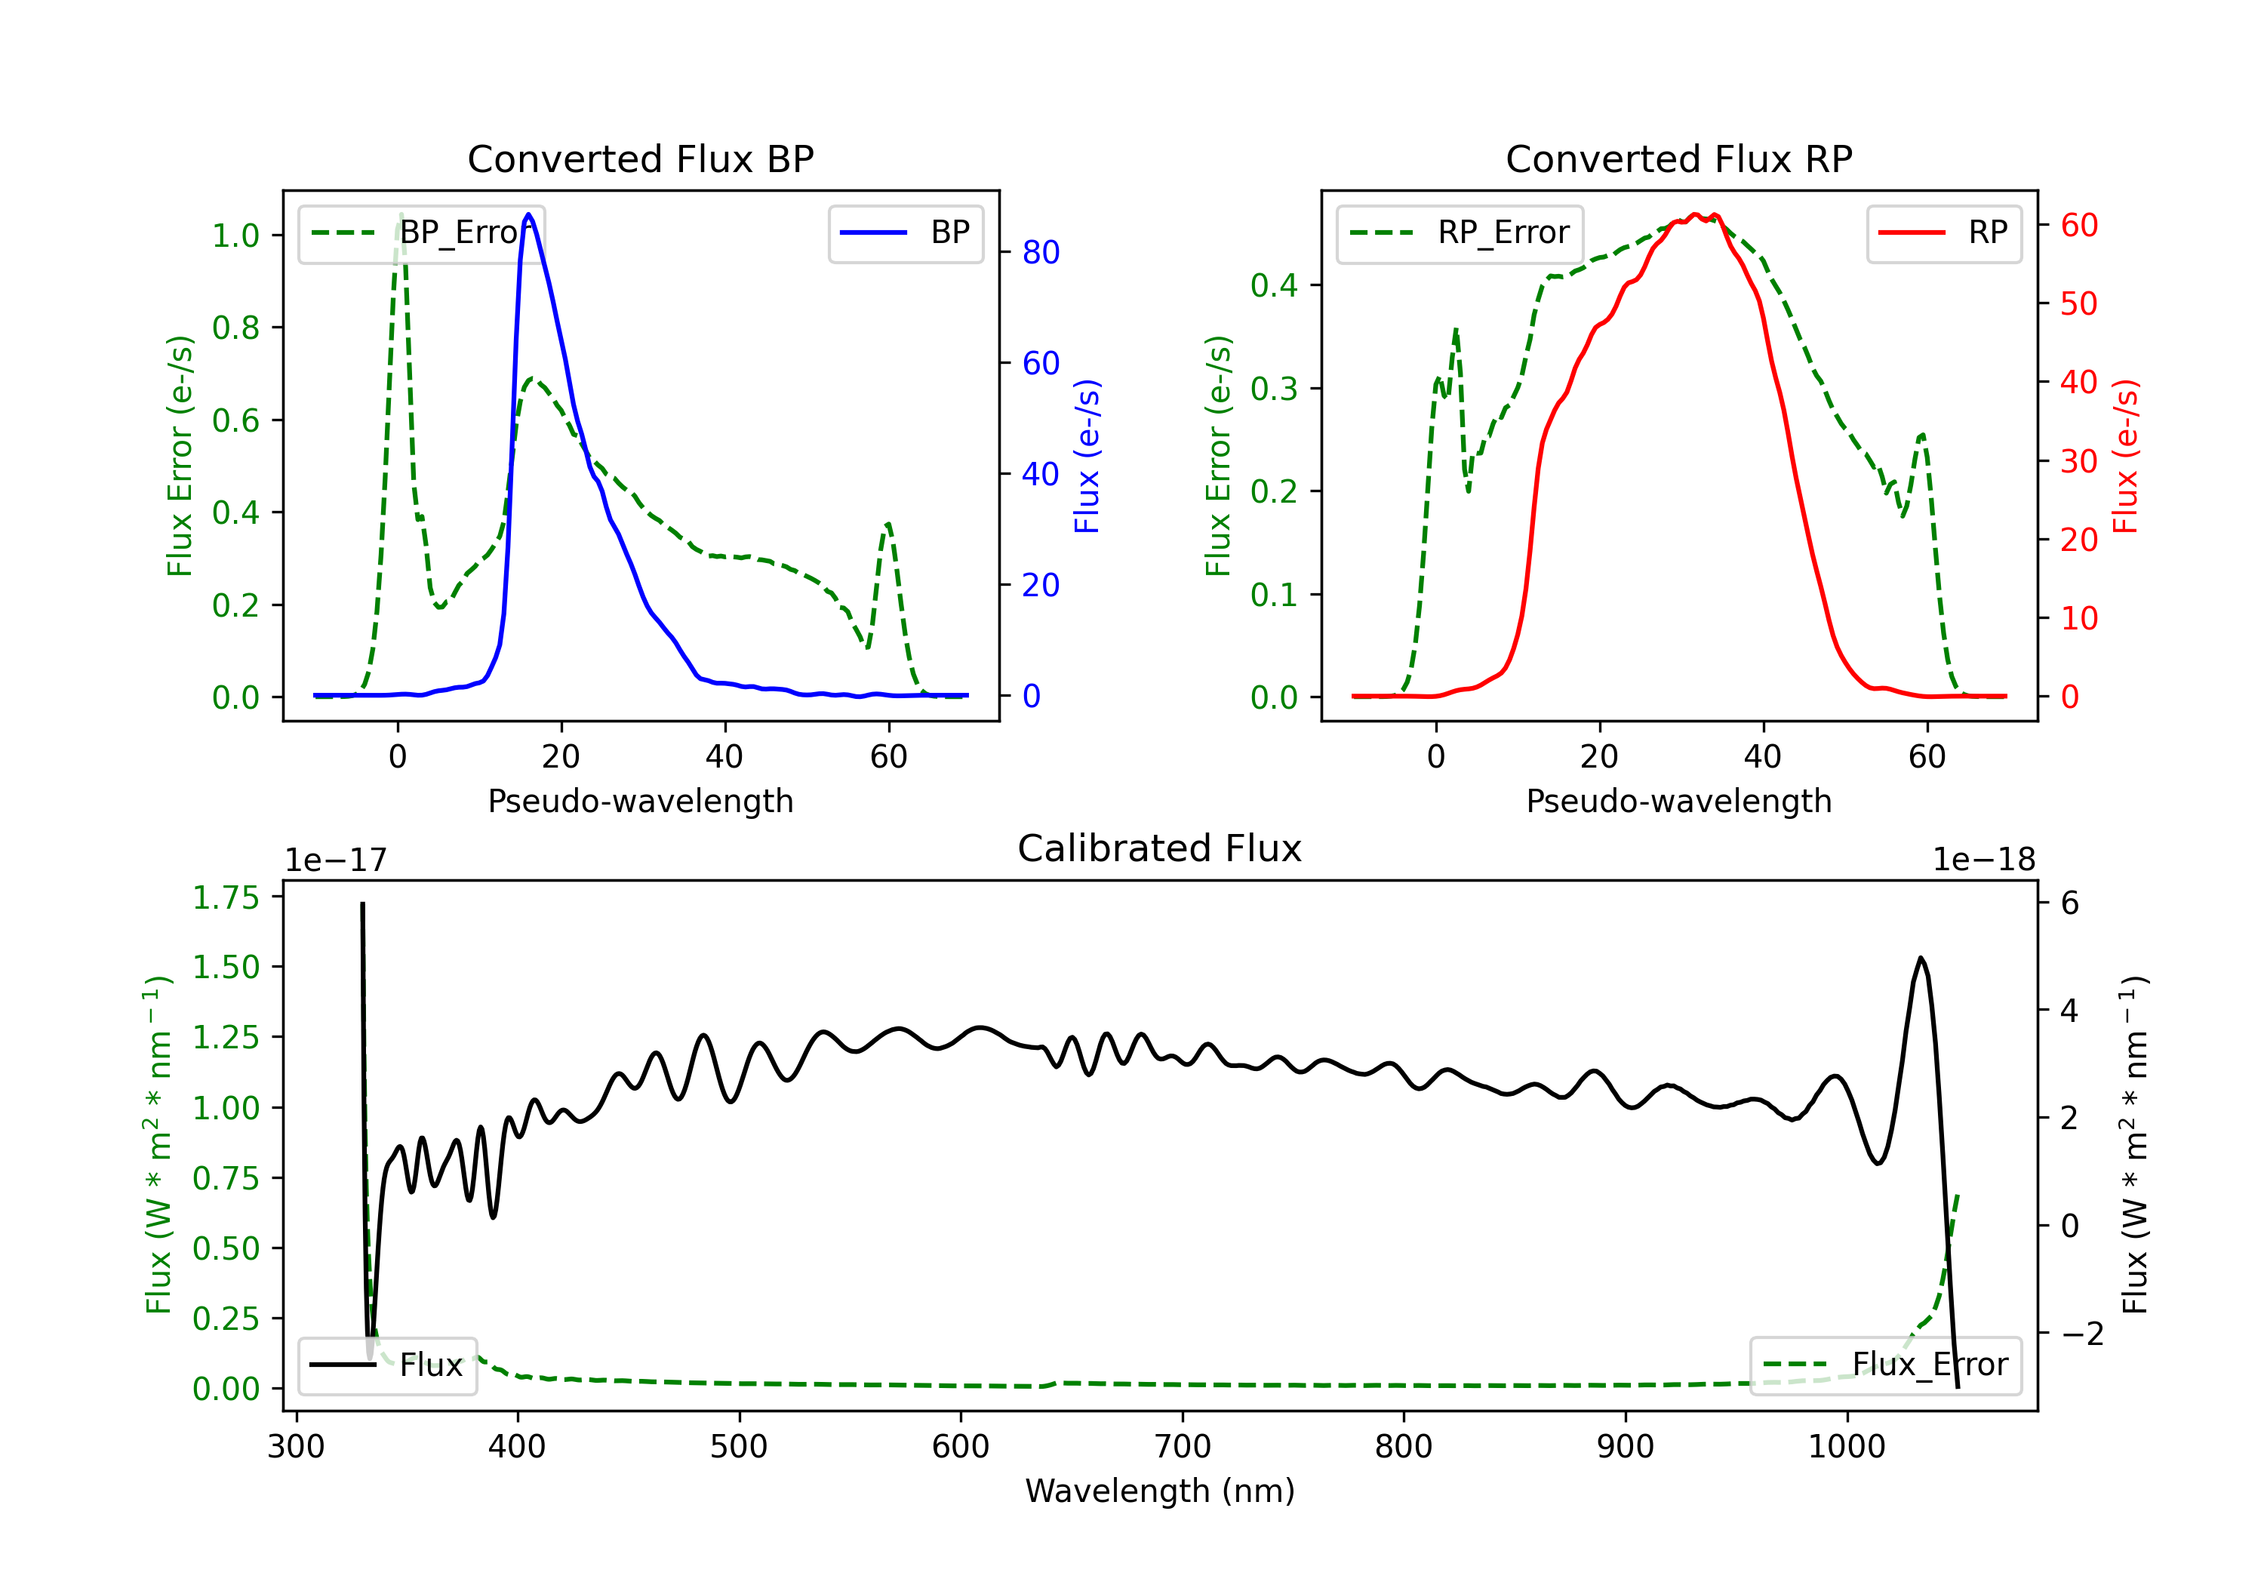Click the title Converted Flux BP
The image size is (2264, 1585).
tap(640, 158)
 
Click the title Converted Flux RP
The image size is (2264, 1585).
tap(1678, 158)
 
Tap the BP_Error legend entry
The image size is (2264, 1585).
tap(421, 232)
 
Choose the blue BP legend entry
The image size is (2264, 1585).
tap(905, 232)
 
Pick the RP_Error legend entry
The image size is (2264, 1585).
tap(1460, 232)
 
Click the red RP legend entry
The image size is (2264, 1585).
tap(1943, 232)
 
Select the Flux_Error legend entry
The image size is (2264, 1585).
tap(1884, 1365)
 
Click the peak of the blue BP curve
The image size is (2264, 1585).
tap(528, 214)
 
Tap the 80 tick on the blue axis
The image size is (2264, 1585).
tap(1040, 253)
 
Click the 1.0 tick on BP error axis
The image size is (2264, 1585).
tap(235, 235)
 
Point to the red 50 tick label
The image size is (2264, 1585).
tap(2078, 303)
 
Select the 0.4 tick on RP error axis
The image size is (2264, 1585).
tap(1274, 286)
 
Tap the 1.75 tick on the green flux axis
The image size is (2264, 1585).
tap(226, 897)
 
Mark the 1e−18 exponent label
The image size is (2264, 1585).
tap(1984, 860)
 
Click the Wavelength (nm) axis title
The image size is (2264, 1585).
tap(1160, 1491)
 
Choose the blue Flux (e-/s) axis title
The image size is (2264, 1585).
tap(1087, 457)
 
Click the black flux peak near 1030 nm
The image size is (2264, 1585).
tap(1921, 958)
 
